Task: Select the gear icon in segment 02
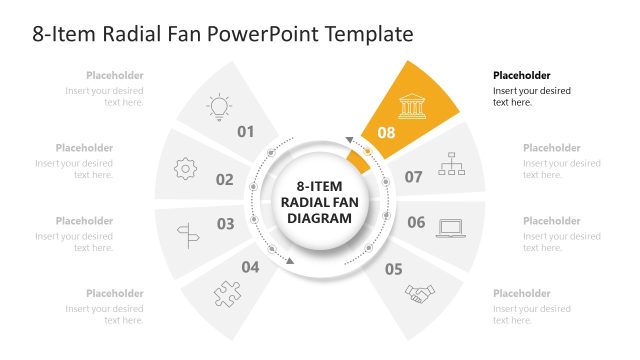pyautogui.click(x=186, y=169)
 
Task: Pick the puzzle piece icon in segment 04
pyautogui.click(x=227, y=293)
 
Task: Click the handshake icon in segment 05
pyautogui.click(x=420, y=293)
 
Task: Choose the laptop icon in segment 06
pyautogui.click(x=451, y=228)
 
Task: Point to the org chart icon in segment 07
pyautogui.click(x=452, y=164)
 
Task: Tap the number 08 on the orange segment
pyautogui.click(x=387, y=132)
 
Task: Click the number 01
pyautogui.click(x=246, y=132)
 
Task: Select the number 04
pyautogui.click(x=250, y=267)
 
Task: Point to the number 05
pyautogui.click(x=393, y=268)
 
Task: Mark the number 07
pyautogui.click(x=413, y=177)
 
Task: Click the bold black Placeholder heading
pyautogui.click(x=522, y=75)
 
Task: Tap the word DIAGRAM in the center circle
pyautogui.click(x=319, y=217)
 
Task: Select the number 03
pyautogui.click(x=225, y=224)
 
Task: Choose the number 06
pyautogui.click(x=416, y=222)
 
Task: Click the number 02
pyautogui.click(x=224, y=180)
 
